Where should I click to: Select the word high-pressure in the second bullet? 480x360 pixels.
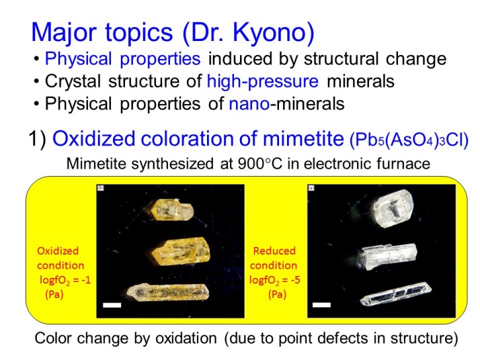coord(262,82)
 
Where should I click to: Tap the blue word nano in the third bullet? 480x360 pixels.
coord(249,104)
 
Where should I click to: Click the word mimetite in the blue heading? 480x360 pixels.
coord(303,138)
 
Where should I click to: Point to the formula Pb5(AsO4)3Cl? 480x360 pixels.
coord(409,140)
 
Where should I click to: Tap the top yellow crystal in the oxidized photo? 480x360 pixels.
coord(172,210)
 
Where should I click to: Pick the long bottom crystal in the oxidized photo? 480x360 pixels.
coord(168,292)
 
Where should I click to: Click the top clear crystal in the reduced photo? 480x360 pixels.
coord(393,208)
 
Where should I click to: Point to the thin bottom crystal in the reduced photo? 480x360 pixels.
coord(396,294)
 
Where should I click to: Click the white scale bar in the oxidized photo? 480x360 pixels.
coord(112,305)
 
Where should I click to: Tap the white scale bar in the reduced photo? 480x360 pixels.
coord(321,305)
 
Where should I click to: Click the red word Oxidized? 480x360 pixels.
coord(58,251)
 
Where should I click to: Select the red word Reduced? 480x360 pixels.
coord(274,251)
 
